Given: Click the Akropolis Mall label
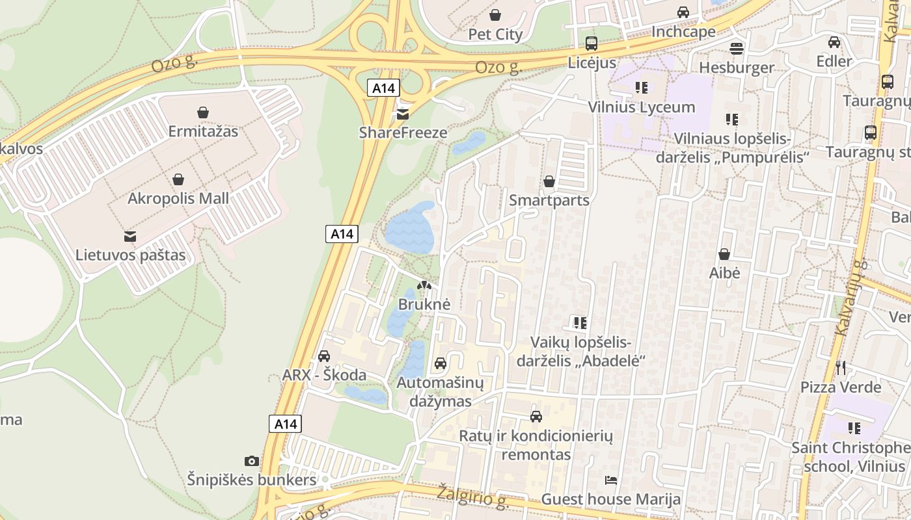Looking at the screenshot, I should pos(178,198).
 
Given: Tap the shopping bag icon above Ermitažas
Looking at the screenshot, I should pos(203,112).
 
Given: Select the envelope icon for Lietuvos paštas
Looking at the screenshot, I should pos(130,236).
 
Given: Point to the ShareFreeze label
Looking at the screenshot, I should pos(403,133).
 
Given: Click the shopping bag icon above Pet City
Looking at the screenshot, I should pos(495,15).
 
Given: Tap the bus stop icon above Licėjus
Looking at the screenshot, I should pos(591,44).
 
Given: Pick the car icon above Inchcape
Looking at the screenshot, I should pos(683,12).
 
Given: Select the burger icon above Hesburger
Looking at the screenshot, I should pos(737,48).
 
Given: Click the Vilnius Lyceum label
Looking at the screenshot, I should pos(642,107).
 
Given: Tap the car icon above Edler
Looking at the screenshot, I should pos(834,42).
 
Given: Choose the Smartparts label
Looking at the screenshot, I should pos(549,200).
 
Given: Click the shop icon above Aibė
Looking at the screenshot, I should pos(724,254).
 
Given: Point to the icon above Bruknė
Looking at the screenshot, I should pos(424,285).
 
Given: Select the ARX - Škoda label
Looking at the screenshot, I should pos(324,375).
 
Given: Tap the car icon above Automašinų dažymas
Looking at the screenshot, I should pos(441,363).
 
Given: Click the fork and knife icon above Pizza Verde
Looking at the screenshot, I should pos(841,368).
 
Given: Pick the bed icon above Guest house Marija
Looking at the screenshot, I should pos(611,480).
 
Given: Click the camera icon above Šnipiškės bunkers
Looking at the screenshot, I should pos(252,461).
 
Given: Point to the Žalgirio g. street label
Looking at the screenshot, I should pos(472,495).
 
